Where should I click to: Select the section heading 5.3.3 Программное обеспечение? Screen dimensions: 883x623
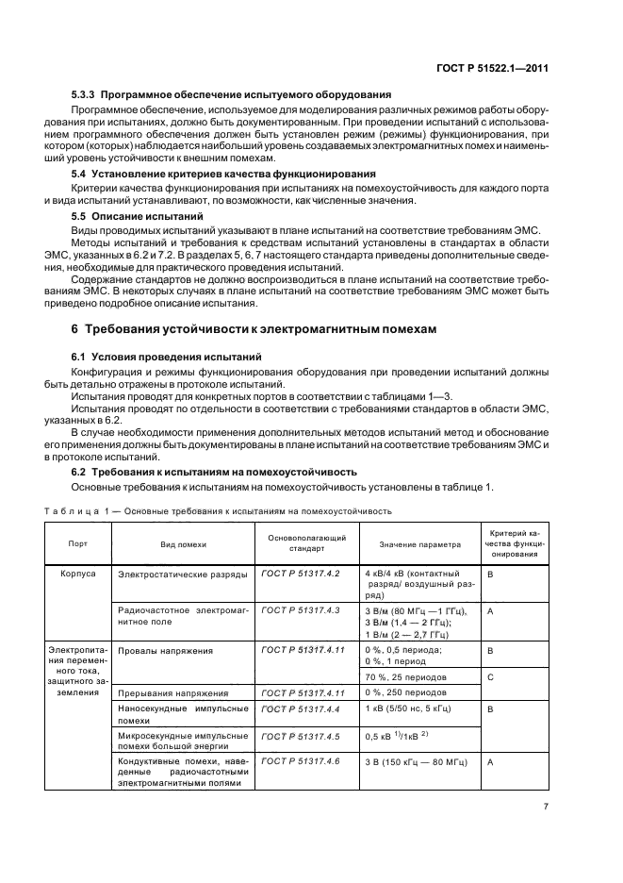[232, 96]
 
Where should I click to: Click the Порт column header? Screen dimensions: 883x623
[77, 544]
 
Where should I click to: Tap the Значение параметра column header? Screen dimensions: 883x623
[419, 544]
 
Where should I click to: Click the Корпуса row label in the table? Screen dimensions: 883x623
[78, 573]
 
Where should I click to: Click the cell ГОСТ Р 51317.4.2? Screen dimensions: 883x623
[294, 573]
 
